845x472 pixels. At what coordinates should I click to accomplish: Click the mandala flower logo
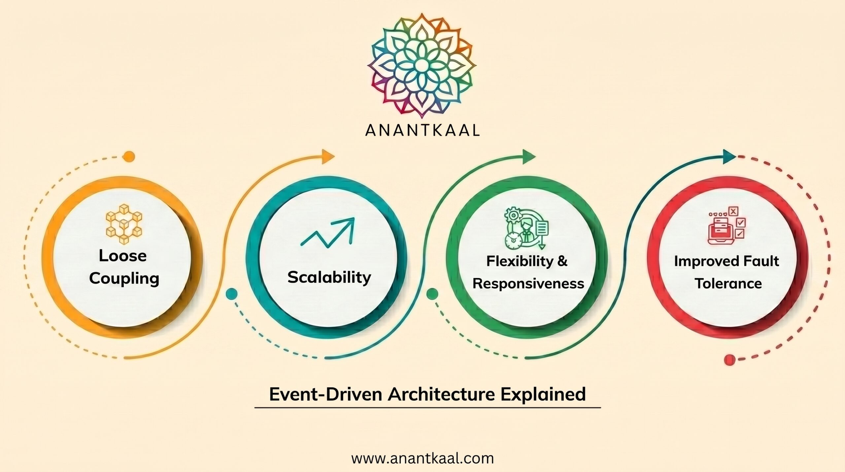tap(422, 65)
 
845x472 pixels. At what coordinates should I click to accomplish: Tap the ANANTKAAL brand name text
tap(422, 130)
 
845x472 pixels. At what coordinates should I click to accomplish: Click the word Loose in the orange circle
tap(123, 256)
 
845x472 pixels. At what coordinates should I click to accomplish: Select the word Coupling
tap(124, 278)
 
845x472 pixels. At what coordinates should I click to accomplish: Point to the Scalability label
tap(329, 277)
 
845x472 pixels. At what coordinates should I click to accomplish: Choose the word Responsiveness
tap(528, 283)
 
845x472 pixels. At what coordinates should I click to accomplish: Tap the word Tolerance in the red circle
tap(728, 283)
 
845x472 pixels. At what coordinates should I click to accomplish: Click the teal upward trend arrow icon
tap(327, 232)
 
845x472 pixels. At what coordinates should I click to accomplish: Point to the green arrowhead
tap(529, 157)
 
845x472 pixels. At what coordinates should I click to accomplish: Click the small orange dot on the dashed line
tap(128, 156)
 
